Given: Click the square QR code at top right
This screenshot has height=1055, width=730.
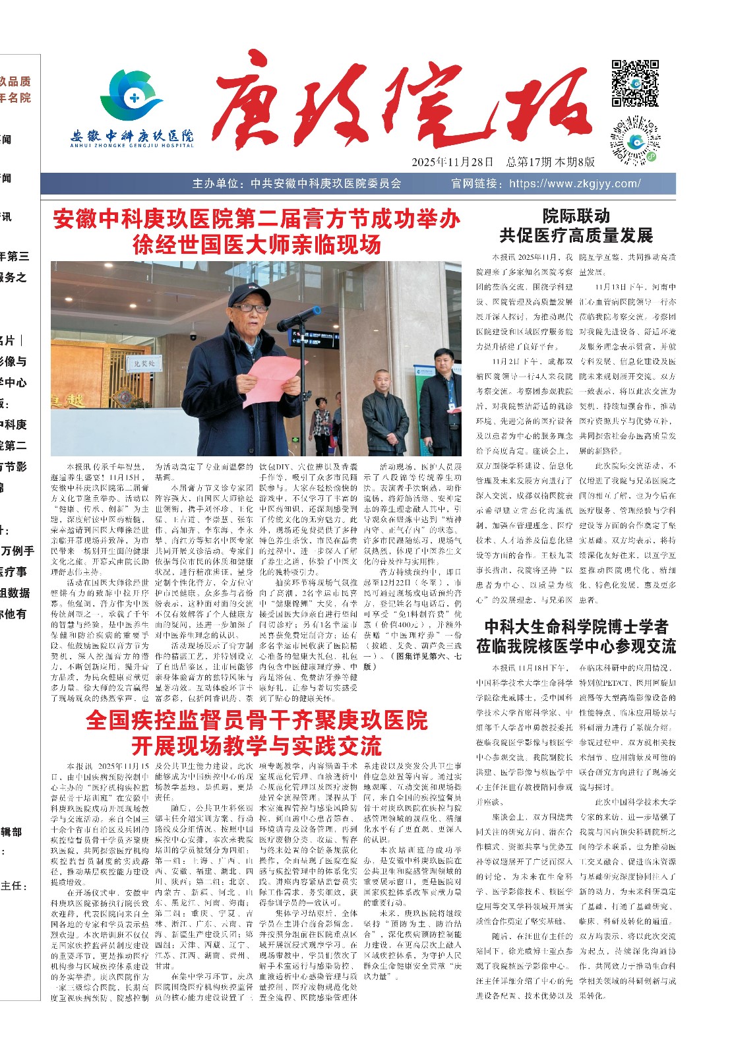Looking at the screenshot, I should click(634, 83).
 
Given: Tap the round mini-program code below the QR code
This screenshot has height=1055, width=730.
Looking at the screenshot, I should click(634, 140).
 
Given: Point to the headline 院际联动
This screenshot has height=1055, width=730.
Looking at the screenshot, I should click(576, 216).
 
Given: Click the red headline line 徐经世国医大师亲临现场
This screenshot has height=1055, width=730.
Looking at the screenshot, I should click(257, 245).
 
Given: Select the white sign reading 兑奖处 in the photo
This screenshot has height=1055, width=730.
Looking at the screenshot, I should click(144, 363).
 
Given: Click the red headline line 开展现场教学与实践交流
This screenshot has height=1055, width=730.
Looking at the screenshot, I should click(257, 746).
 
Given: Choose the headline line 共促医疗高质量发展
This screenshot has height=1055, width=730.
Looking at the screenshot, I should click(576, 235).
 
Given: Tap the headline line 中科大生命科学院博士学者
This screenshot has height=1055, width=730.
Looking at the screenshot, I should click(576, 626).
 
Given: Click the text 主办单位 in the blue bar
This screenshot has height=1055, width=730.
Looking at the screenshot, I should click(218, 184).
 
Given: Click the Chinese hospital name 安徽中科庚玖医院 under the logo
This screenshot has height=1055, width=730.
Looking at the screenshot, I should click(132, 136).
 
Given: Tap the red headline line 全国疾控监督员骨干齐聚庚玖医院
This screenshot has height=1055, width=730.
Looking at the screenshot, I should click(257, 720).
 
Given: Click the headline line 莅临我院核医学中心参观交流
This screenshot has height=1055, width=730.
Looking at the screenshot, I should click(576, 646).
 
